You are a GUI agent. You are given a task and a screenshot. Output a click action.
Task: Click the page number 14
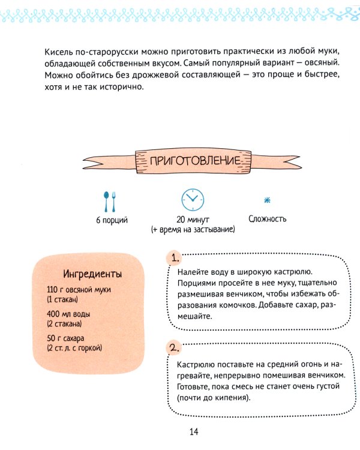click(193, 432)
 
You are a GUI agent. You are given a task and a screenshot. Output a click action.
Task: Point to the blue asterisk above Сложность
click(267, 200)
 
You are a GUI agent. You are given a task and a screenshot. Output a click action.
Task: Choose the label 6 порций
click(112, 220)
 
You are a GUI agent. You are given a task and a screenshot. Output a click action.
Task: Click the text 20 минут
click(193, 220)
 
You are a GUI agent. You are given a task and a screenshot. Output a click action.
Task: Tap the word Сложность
click(267, 219)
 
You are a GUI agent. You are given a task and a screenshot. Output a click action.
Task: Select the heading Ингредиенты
click(93, 274)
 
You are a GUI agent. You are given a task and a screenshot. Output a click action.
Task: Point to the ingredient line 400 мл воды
click(71, 313)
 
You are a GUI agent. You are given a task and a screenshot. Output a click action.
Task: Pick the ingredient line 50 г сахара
click(68, 337)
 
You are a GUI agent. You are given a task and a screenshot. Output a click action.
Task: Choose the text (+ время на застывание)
click(193, 229)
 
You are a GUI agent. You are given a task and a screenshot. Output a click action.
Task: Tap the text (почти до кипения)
click(213, 398)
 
